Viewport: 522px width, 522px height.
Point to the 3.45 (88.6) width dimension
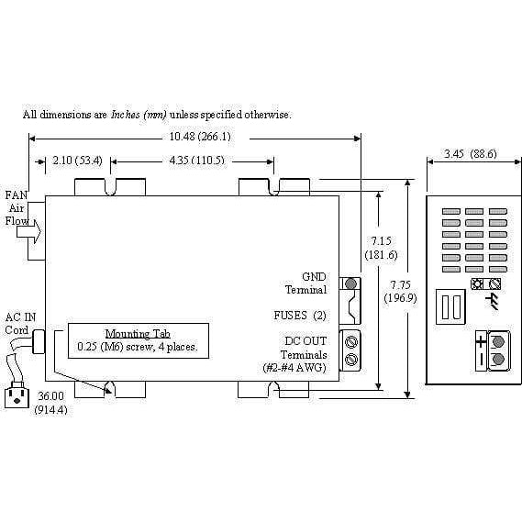click(470, 154)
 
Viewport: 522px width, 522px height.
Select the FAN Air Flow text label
click(16, 207)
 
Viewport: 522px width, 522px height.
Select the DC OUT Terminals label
click(302, 353)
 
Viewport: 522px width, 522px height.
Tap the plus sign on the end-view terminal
click(481, 342)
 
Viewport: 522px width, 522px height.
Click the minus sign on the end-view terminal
click(481, 360)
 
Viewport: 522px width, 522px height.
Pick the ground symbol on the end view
click(496, 302)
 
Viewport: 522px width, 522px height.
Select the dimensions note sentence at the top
click(157, 115)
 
